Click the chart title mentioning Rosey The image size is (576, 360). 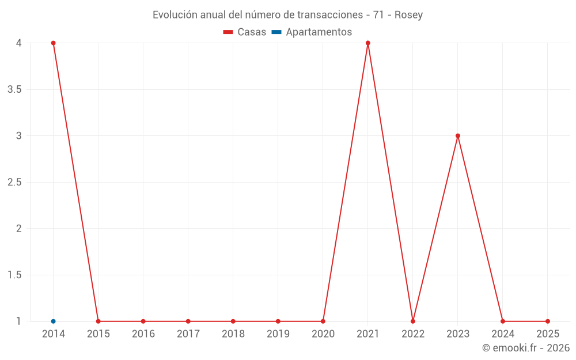287,15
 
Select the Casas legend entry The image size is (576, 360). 245,32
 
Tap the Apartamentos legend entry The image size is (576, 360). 312,32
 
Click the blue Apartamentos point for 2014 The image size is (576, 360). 53,321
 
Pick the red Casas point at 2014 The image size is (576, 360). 53,43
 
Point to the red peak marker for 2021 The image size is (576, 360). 367,43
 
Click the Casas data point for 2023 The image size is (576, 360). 458,136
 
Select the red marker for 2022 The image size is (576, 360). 413,321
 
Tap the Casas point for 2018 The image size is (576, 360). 233,321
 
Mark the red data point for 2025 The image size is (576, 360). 548,321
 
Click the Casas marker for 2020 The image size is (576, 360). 323,321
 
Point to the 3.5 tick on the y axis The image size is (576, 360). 14,89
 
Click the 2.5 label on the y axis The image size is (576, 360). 14,182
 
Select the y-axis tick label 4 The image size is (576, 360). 19,43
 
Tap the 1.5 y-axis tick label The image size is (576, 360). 14,275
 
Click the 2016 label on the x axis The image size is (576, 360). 143,334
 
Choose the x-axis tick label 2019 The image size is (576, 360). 278,334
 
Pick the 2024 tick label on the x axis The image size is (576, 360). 503,334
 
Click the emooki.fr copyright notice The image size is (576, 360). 526,348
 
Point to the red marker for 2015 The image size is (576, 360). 98,321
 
